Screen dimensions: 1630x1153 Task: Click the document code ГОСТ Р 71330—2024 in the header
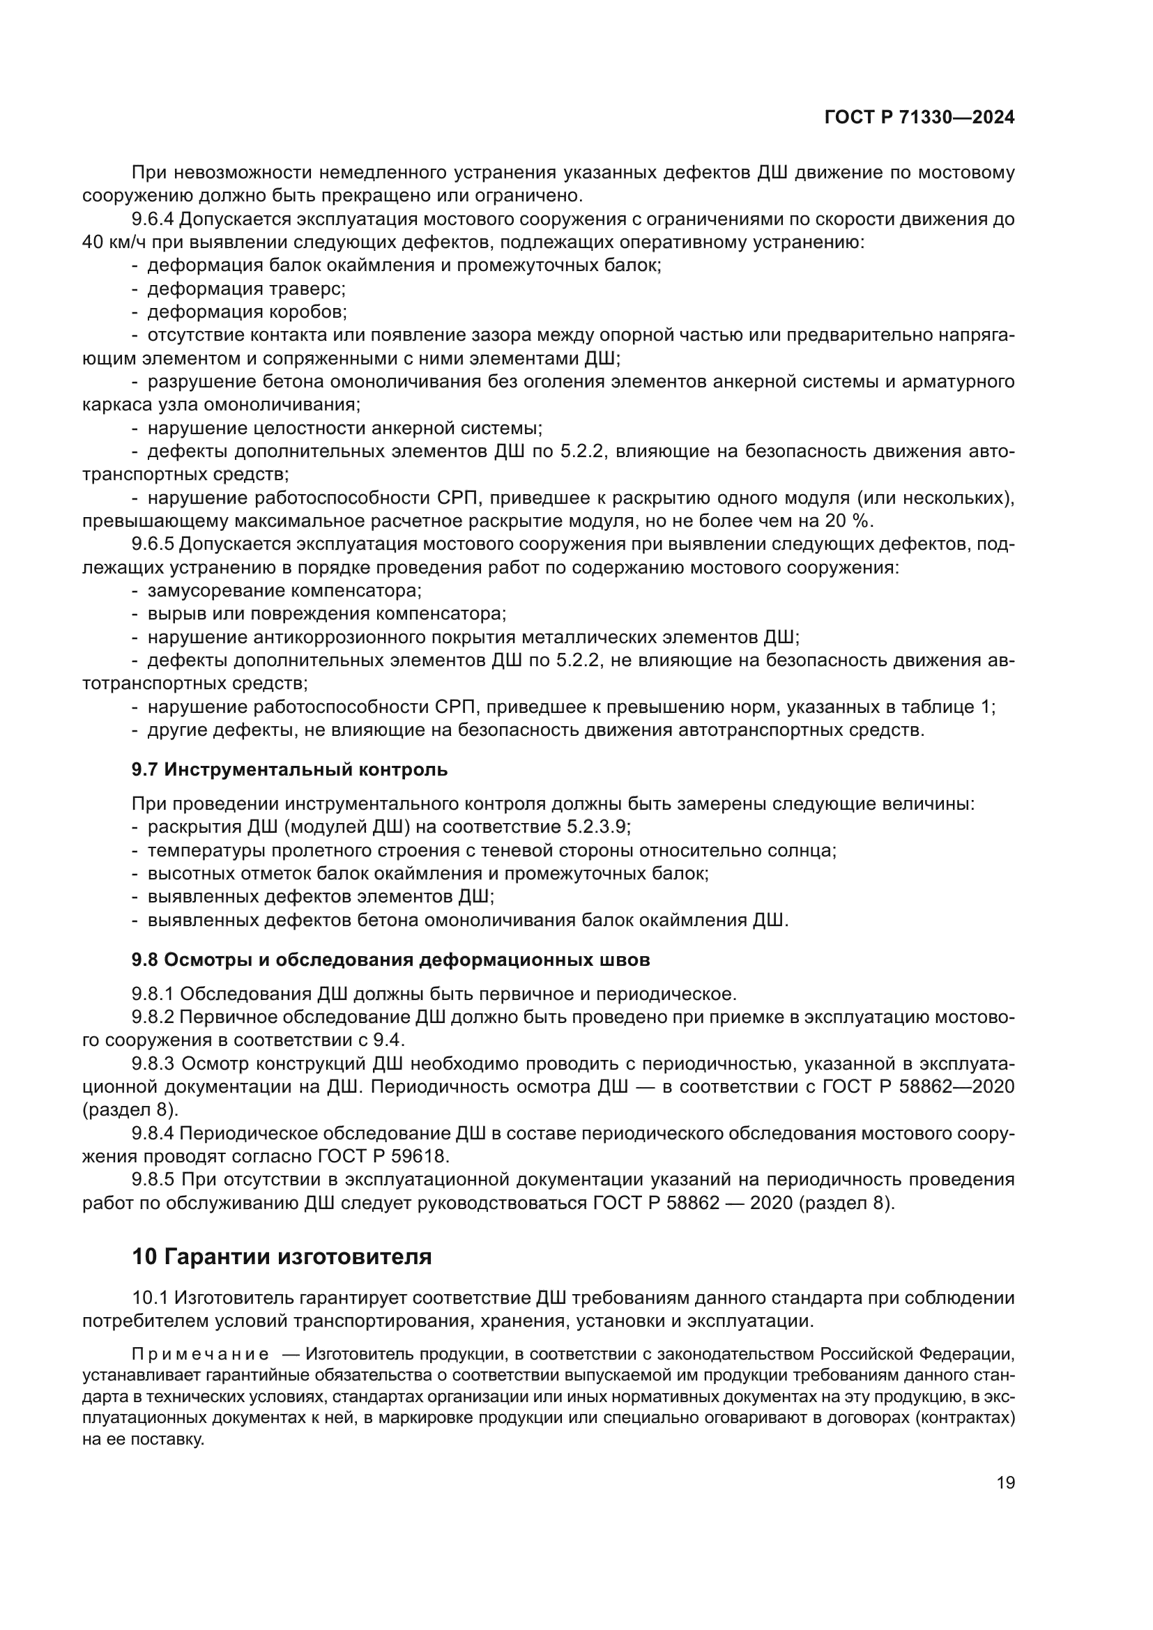[919, 118]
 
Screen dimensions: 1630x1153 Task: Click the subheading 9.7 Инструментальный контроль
[290, 769]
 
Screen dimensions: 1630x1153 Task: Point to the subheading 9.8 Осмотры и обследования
[390, 960]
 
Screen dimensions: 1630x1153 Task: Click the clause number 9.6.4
[153, 220]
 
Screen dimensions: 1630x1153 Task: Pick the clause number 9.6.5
[153, 544]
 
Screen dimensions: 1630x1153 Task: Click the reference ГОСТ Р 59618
[380, 1157]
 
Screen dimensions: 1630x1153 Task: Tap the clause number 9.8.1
[153, 993]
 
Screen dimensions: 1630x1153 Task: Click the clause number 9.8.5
[153, 1180]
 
